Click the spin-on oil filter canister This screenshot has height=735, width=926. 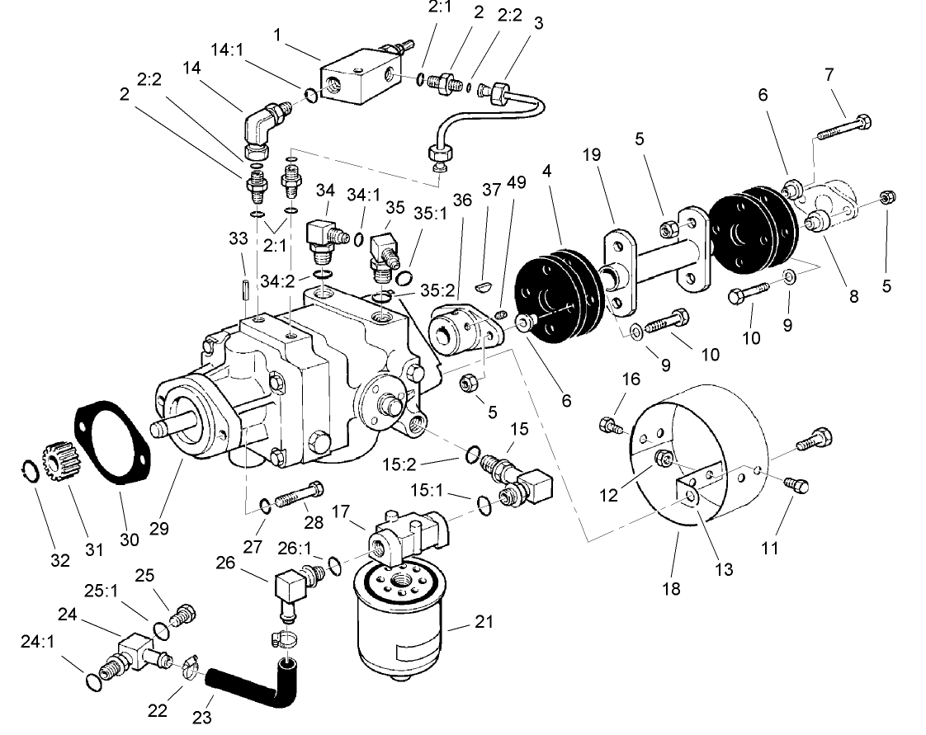pyautogui.click(x=397, y=627)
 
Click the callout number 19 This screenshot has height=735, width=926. pyautogui.click(x=591, y=154)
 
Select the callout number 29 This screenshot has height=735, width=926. pyautogui.click(x=158, y=529)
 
